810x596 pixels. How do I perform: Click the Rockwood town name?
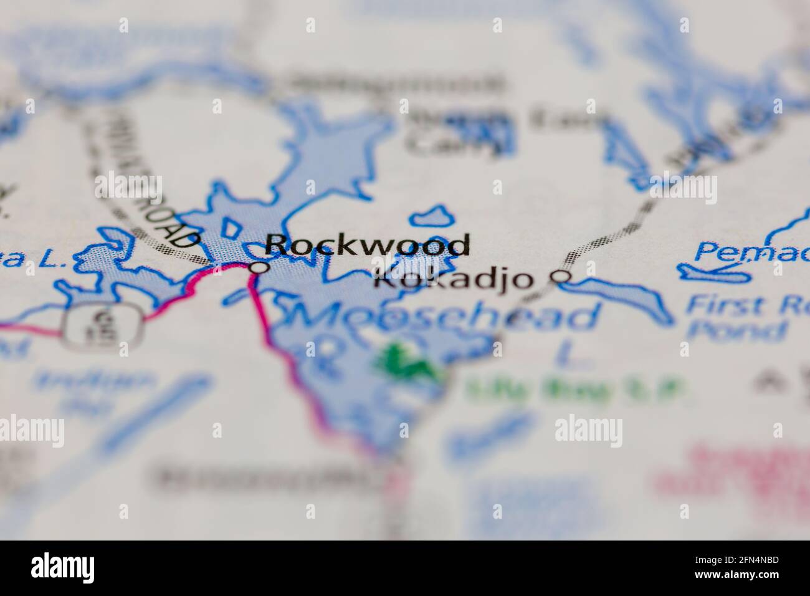(x=367, y=245)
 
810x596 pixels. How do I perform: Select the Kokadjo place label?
(x=454, y=279)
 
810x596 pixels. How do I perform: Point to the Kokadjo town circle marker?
(x=563, y=276)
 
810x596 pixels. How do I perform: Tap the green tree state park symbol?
(x=405, y=362)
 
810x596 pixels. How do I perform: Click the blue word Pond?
(x=735, y=330)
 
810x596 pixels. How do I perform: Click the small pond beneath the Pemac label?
(x=710, y=272)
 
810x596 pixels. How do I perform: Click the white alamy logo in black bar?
(x=63, y=568)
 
